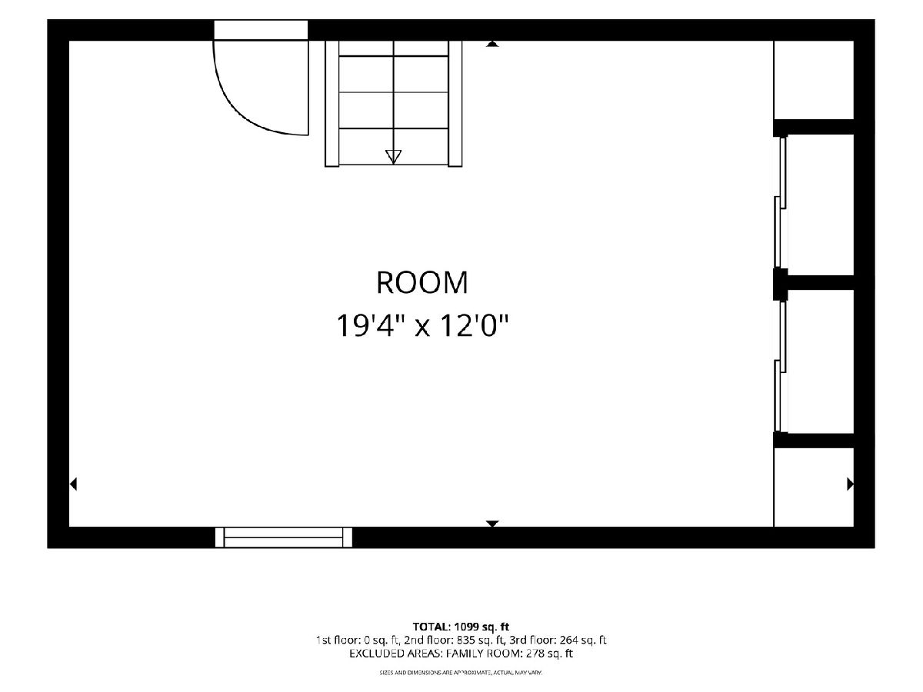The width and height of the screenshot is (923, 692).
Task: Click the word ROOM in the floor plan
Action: tap(422, 282)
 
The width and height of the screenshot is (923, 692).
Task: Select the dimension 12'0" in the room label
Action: tap(475, 325)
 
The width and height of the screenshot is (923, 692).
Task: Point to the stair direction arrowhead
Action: tap(393, 156)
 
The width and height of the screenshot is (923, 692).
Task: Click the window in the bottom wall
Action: tap(283, 537)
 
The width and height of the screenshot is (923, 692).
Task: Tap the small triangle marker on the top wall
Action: tap(492, 44)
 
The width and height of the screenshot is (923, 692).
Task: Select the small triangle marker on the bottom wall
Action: tap(492, 523)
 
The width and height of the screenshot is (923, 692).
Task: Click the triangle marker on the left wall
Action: tap(73, 484)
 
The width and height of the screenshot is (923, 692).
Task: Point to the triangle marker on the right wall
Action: tap(850, 484)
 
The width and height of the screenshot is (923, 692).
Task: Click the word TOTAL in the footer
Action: tap(432, 627)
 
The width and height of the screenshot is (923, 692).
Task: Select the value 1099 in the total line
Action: tap(465, 627)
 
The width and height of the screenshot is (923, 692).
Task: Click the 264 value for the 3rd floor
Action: tap(568, 640)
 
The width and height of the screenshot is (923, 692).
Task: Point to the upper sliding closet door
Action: tap(780, 202)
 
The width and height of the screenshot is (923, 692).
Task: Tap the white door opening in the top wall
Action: tap(261, 30)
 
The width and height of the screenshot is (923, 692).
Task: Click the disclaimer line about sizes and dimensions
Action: tap(461, 673)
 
